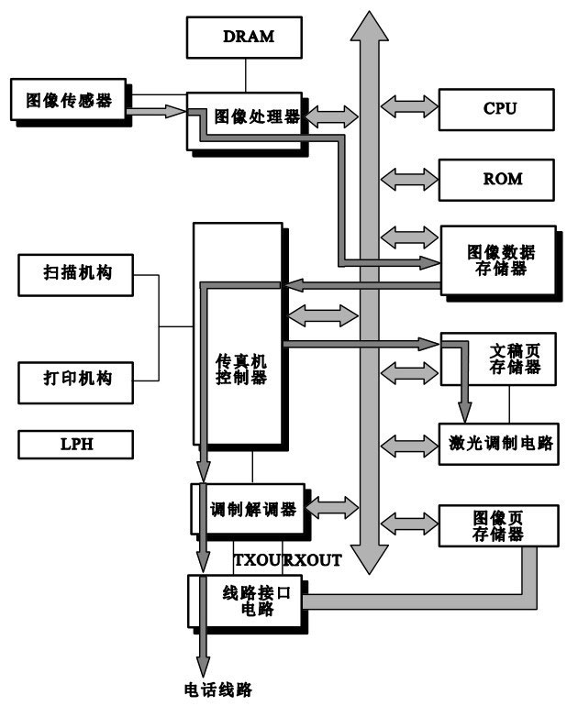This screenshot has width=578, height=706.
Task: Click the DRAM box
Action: [243, 38]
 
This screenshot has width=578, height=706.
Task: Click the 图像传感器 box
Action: [71, 99]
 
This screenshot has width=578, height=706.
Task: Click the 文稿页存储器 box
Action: [500, 359]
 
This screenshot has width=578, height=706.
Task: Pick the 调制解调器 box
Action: [251, 510]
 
